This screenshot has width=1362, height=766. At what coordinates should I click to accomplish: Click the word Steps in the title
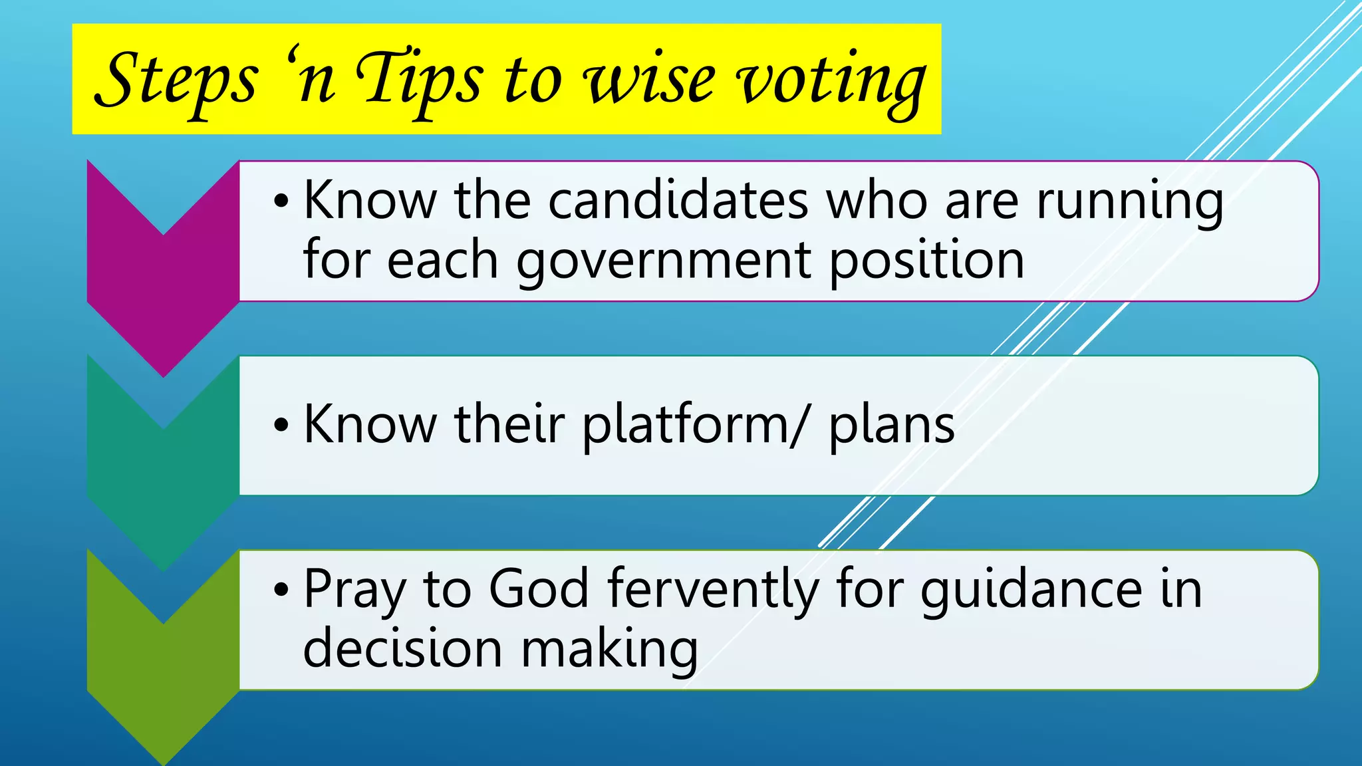point(176,81)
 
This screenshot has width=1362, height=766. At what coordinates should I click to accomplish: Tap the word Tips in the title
point(419,81)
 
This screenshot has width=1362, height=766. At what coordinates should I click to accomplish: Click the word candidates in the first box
point(678,200)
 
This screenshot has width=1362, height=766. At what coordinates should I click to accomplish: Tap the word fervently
point(712,590)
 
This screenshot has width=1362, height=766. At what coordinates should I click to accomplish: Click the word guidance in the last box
point(1031,590)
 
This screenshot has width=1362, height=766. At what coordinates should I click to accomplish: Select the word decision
point(402,648)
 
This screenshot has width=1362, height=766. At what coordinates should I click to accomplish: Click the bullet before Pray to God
point(281,590)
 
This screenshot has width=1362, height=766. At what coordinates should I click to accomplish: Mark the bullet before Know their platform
point(281,426)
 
